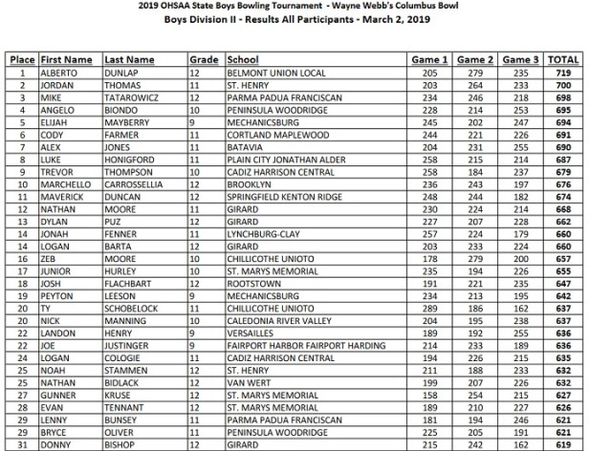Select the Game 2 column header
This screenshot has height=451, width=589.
click(x=475, y=59)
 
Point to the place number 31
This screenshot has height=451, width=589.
click(x=19, y=442)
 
